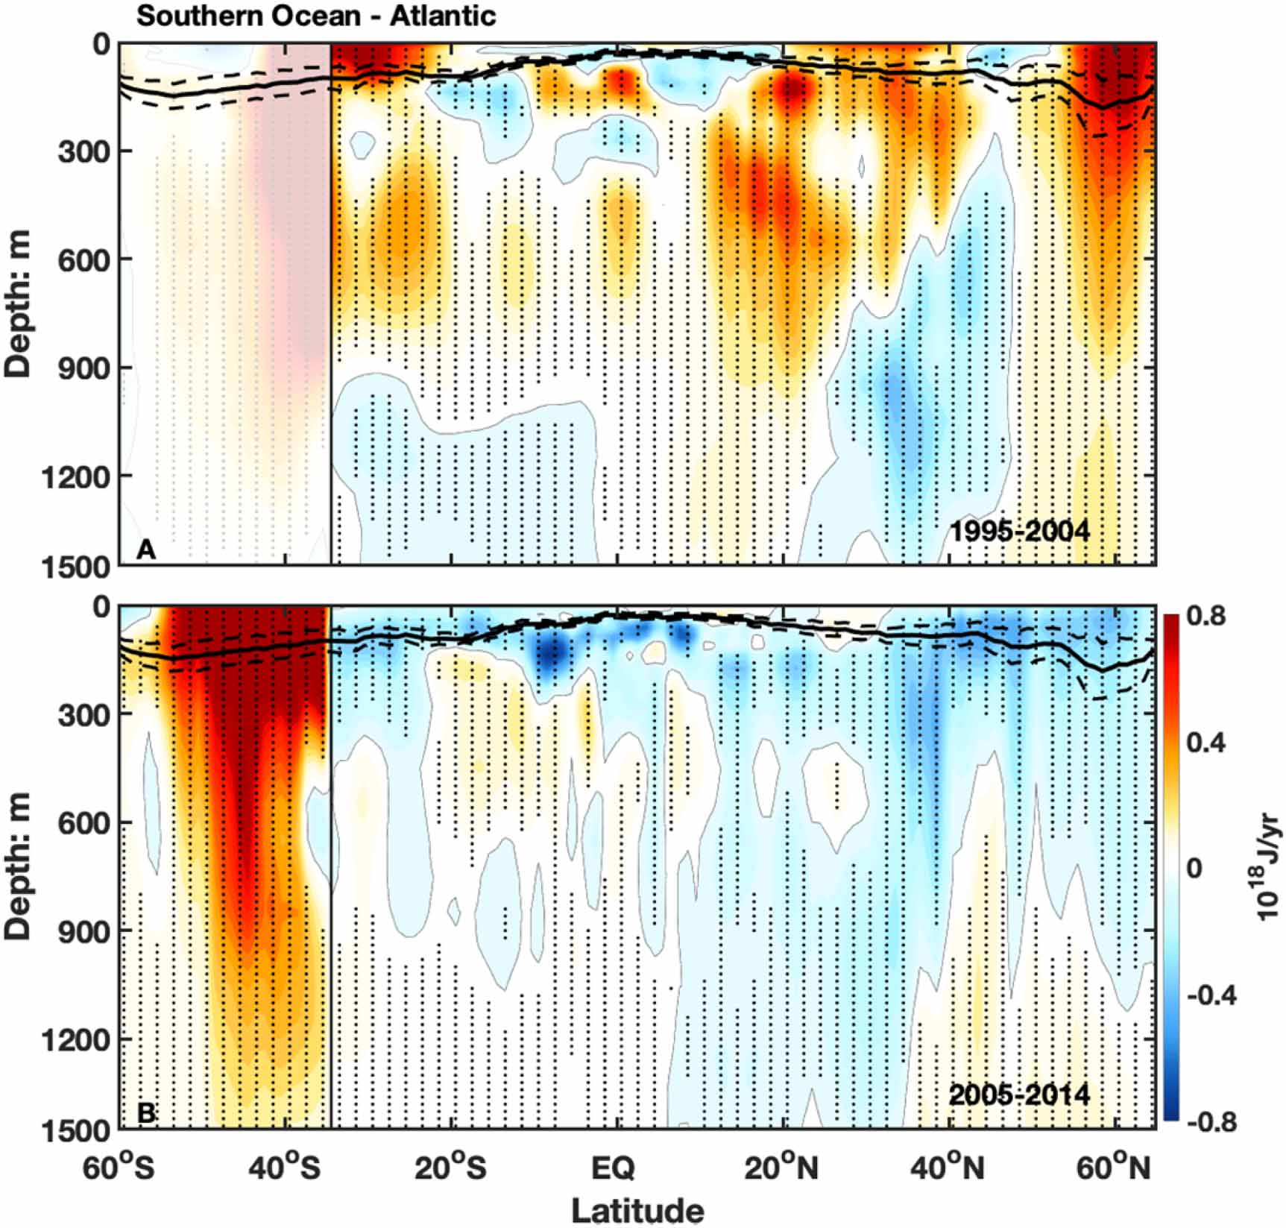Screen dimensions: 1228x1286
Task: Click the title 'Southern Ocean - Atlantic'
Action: coord(316,16)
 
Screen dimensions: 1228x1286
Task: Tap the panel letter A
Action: coord(146,550)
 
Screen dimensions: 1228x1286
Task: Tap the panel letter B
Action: coord(147,1112)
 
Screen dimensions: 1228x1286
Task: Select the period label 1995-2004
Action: coord(1019,532)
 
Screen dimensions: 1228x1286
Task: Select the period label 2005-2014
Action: coord(1019,1095)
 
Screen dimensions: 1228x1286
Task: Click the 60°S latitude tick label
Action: coord(119,1168)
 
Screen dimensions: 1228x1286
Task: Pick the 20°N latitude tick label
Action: coord(781,1168)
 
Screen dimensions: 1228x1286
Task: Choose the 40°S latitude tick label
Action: coord(284,1168)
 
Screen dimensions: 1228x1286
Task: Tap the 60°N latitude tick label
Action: coord(1114,1168)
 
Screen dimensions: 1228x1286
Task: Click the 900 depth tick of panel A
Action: coord(83,368)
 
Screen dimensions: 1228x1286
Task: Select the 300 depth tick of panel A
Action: coord(83,152)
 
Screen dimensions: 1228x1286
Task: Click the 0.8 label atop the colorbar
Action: coord(1206,616)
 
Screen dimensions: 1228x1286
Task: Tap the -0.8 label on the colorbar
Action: coord(1208,1122)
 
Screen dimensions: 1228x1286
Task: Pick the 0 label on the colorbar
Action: coord(1194,869)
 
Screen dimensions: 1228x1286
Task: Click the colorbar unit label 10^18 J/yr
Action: coord(1268,869)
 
